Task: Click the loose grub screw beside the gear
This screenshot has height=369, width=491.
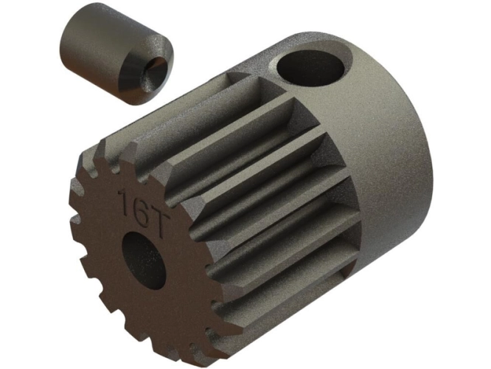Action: (116, 54)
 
